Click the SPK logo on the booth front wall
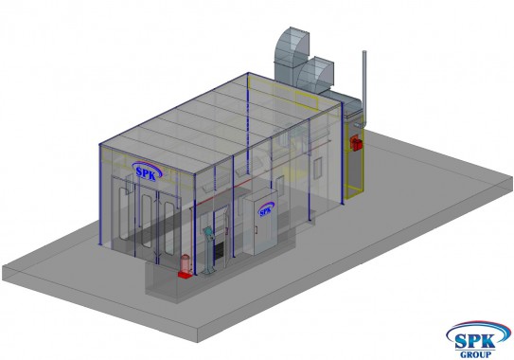[x=147, y=171]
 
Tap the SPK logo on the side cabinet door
[x=266, y=209]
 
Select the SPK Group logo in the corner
[x=478, y=339]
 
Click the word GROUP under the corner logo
[x=475, y=354]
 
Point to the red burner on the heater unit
[x=356, y=143]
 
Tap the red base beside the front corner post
[x=185, y=275]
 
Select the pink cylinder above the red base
[x=186, y=263]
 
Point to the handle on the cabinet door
[x=257, y=228]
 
